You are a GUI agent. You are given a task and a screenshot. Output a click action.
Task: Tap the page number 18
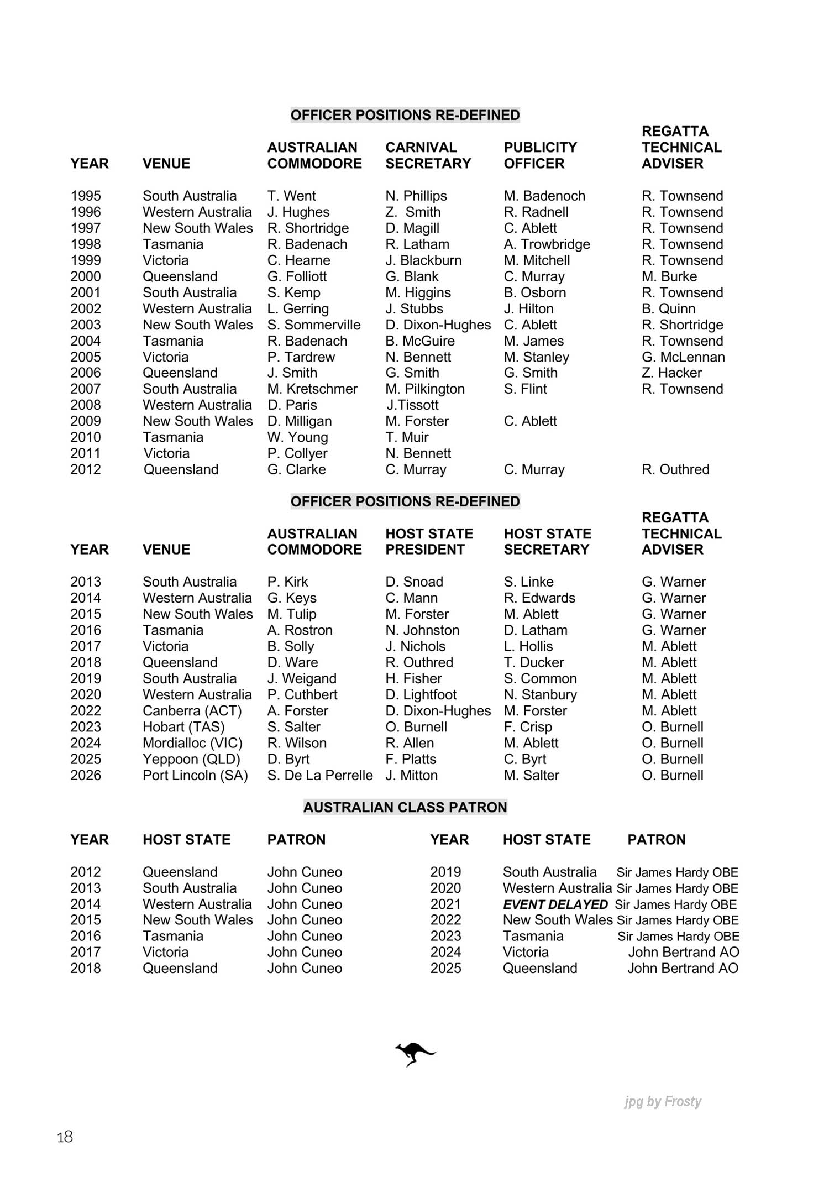tap(65, 1137)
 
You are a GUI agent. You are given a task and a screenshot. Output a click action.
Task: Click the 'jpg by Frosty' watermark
tap(663, 1101)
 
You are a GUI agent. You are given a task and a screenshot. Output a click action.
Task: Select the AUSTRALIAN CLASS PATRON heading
tap(405, 807)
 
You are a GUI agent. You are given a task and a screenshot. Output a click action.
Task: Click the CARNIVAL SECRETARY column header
tap(428, 155)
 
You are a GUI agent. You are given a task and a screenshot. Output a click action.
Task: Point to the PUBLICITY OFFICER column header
tap(540, 155)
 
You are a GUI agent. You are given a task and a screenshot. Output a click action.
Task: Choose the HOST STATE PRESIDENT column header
tap(429, 541)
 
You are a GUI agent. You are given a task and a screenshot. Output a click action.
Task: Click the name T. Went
tap(291, 196)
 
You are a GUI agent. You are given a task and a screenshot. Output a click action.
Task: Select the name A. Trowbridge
tap(547, 244)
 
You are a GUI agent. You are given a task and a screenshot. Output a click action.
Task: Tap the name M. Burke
tap(669, 276)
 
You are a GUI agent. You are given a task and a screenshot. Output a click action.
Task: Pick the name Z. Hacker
tap(671, 373)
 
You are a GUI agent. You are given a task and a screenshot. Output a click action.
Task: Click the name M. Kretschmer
tap(312, 389)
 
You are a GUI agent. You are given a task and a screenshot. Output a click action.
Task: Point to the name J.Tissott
tap(412, 405)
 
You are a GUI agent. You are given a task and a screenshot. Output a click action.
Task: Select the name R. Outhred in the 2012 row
tap(675, 469)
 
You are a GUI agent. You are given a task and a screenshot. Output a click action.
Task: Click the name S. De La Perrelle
tap(320, 775)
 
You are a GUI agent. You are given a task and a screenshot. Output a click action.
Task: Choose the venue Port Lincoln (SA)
tap(195, 775)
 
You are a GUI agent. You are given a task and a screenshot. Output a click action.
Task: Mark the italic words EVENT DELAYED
tap(555, 904)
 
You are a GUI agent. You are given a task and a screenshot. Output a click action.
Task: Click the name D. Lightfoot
tap(421, 694)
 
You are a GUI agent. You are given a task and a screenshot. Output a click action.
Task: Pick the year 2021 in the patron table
tap(445, 904)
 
